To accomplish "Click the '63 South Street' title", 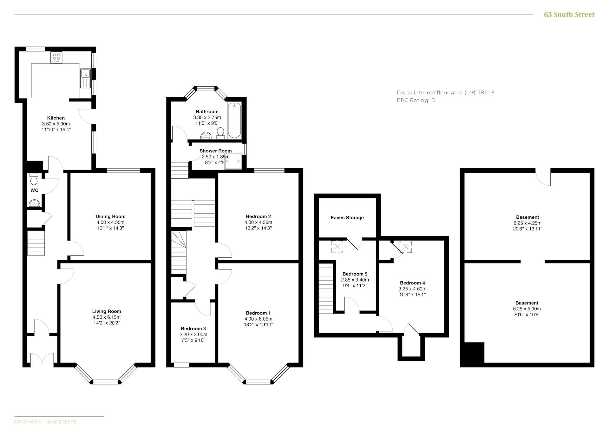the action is click(569, 15).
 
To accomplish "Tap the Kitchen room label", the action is click(56, 118).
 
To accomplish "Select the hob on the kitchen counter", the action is click(56, 57).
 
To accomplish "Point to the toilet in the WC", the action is click(34, 179).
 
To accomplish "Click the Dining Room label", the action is click(110, 216).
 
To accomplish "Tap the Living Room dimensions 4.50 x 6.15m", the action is click(107, 317).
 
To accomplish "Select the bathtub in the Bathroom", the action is click(234, 120).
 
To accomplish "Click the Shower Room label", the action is click(216, 151).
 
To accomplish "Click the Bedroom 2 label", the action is click(258, 216).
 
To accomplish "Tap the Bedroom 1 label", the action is click(258, 313).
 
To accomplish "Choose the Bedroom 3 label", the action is click(193, 328).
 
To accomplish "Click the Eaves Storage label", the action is click(347, 218).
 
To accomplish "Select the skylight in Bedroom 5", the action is click(337, 246).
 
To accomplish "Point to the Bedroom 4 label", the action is click(412, 283).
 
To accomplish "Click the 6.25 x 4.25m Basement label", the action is click(527, 223).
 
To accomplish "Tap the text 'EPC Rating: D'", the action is click(416, 100).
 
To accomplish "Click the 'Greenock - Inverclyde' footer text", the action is click(45, 422).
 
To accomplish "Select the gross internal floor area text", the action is click(445, 93).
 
